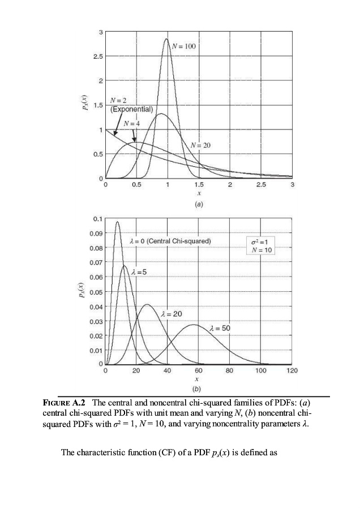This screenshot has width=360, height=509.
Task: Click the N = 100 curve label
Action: point(184,46)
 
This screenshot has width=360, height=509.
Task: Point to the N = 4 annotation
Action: point(132,123)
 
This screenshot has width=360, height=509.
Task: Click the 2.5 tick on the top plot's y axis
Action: point(97,58)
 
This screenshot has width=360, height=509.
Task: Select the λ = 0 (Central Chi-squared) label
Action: point(170,241)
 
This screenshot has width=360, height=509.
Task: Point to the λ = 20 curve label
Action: point(172,313)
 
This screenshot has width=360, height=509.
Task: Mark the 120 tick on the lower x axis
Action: point(292,371)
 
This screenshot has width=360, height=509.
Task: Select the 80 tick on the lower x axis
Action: point(230,371)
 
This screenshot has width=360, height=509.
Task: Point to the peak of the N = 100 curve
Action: point(166,39)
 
